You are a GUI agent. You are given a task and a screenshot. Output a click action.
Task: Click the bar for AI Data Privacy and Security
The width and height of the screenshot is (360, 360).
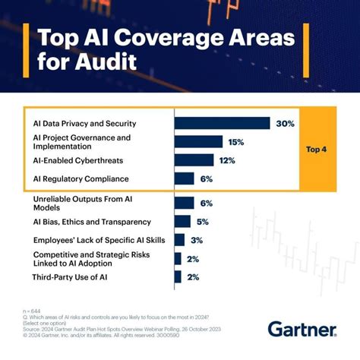(x=222, y=123)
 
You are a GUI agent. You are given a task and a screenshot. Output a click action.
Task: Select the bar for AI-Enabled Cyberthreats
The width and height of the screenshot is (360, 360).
(x=194, y=159)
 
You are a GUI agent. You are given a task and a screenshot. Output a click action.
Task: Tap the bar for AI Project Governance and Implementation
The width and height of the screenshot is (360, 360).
(x=198, y=141)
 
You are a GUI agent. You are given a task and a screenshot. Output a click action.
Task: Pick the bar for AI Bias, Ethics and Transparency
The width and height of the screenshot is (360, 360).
(x=182, y=222)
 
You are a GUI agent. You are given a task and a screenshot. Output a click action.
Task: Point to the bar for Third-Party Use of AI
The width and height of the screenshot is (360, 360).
(x=178, y=277)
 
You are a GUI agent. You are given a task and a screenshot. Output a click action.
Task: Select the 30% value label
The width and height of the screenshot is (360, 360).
(x=286, y=123)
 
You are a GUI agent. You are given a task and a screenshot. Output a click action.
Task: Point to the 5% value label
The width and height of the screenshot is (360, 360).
(x=202, y=222)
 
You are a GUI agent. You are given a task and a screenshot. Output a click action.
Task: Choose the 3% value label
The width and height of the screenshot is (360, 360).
(x=196, y=240)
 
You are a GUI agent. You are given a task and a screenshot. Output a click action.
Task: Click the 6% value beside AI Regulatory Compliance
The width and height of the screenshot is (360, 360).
(x=207, y=178)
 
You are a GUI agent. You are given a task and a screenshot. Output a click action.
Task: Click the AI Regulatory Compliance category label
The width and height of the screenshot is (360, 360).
(x=81, y=178)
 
